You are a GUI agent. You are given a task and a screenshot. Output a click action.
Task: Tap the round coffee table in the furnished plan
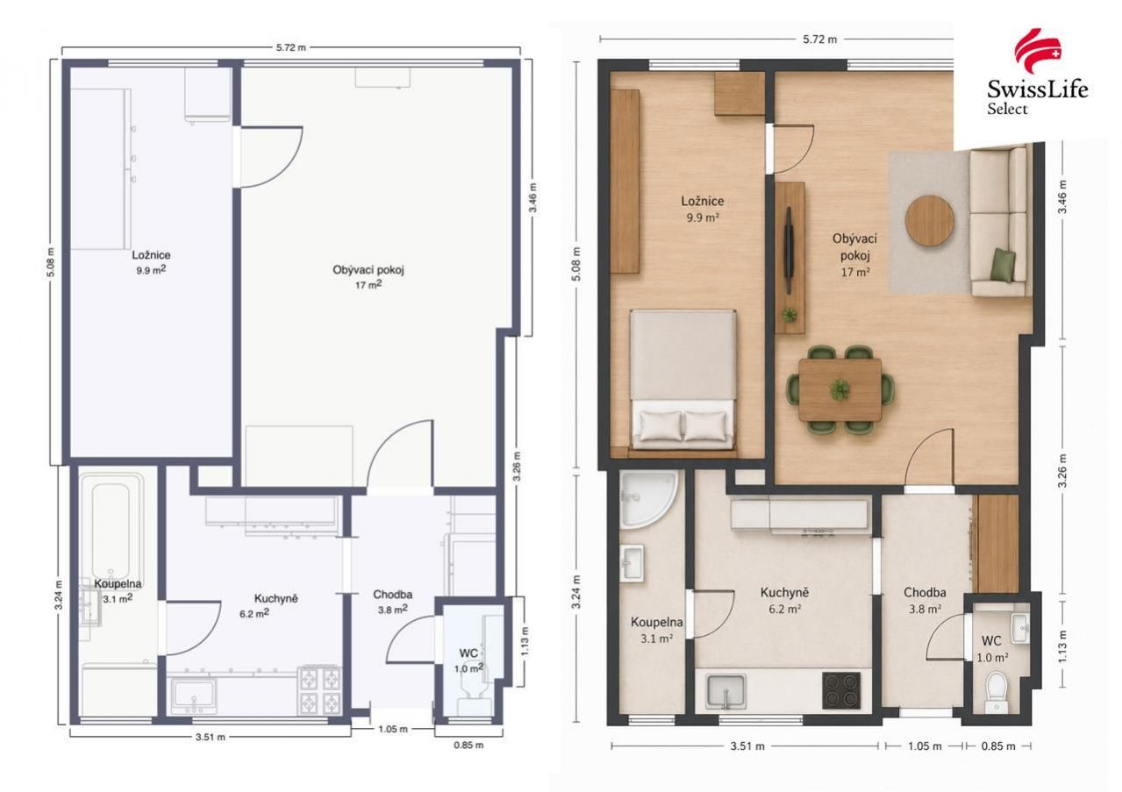click(x=929, y=220)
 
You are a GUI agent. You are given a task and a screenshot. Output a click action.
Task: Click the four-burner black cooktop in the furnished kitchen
click(x=841, y=691)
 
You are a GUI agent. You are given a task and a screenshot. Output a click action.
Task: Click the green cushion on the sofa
click(x=1003, y=265)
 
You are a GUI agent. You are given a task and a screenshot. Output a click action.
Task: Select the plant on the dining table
click(x=840, y=389)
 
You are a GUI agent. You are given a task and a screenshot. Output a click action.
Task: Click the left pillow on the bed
click(x=661, y=426)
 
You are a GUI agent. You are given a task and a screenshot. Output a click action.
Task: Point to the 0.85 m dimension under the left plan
click(x=468, y=745)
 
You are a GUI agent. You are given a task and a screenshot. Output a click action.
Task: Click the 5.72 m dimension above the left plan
click(x=290, y=48)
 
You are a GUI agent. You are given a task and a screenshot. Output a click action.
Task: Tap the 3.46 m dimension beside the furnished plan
click(x=1062, y=196)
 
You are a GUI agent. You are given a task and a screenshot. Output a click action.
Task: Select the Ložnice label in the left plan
click(x=151, y=255)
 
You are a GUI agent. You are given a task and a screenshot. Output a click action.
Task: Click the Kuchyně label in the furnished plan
click(x=784, y=593)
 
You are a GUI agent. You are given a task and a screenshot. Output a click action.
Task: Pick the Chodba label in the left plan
click(x=393, y=595)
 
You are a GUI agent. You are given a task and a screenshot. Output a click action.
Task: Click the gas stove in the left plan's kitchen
click(x=319, y=689)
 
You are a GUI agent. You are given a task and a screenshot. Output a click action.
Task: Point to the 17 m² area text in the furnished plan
click(x=855, y=273)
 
